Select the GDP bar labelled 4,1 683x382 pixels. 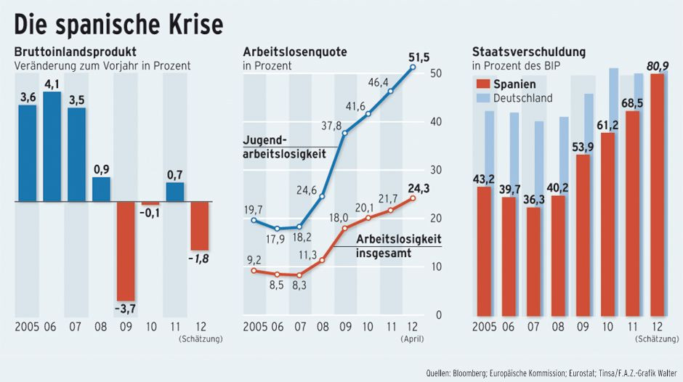click(52, 145)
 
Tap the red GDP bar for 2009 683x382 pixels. click(126, 250)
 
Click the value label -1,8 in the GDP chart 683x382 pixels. click(198, 259)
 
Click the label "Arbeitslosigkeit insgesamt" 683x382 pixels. click(398, 247)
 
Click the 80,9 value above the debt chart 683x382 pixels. click(658, 66)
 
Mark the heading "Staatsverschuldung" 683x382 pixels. click(529, 52)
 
